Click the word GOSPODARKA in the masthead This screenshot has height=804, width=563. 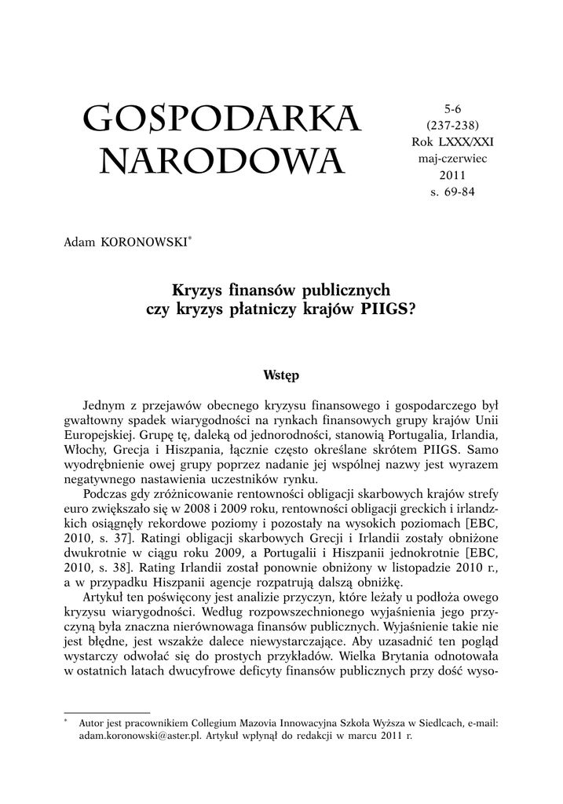221,119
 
